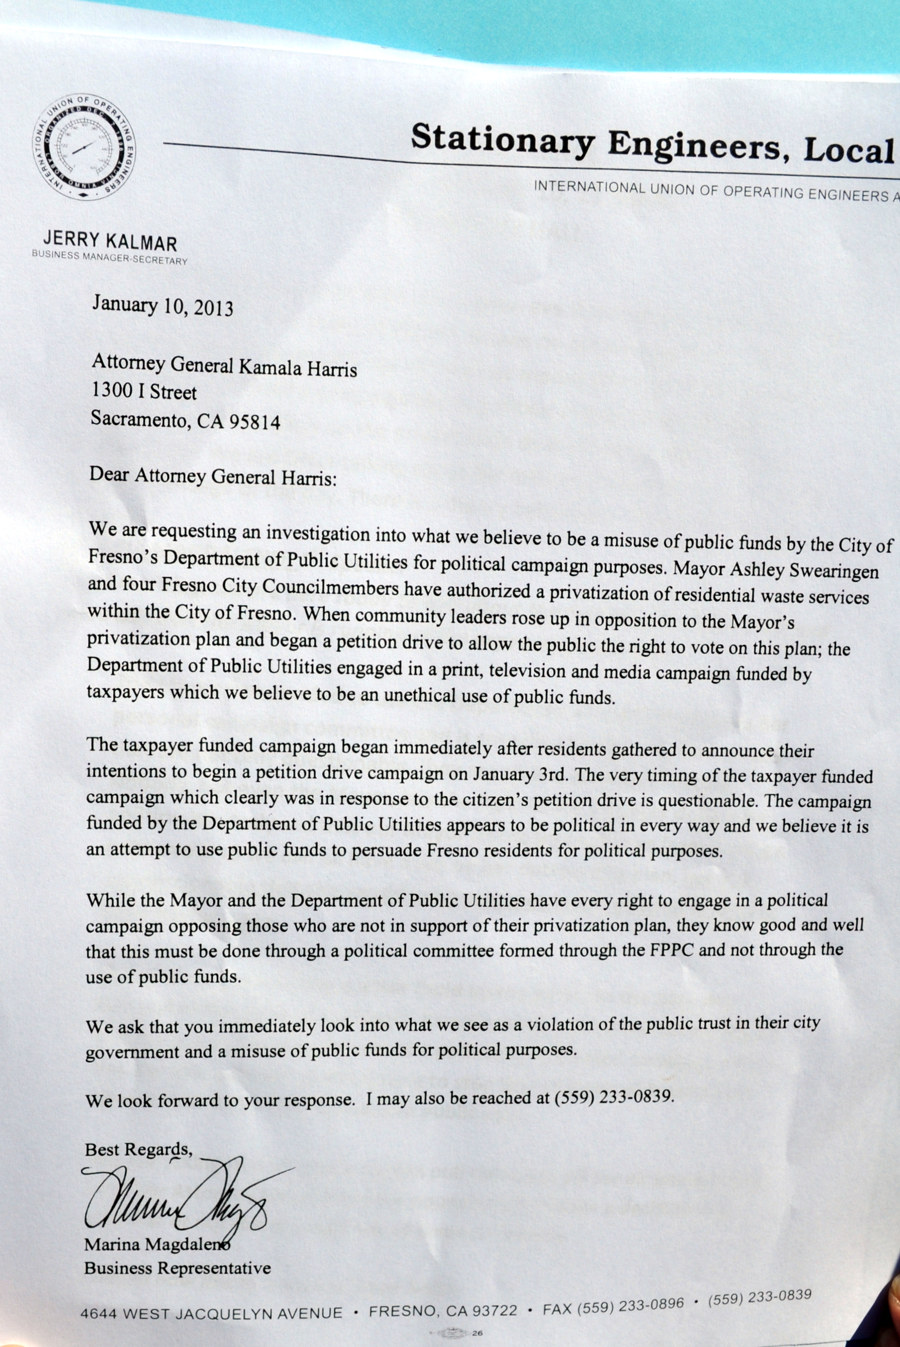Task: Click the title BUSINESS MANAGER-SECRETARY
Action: [x=109, y=258]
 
